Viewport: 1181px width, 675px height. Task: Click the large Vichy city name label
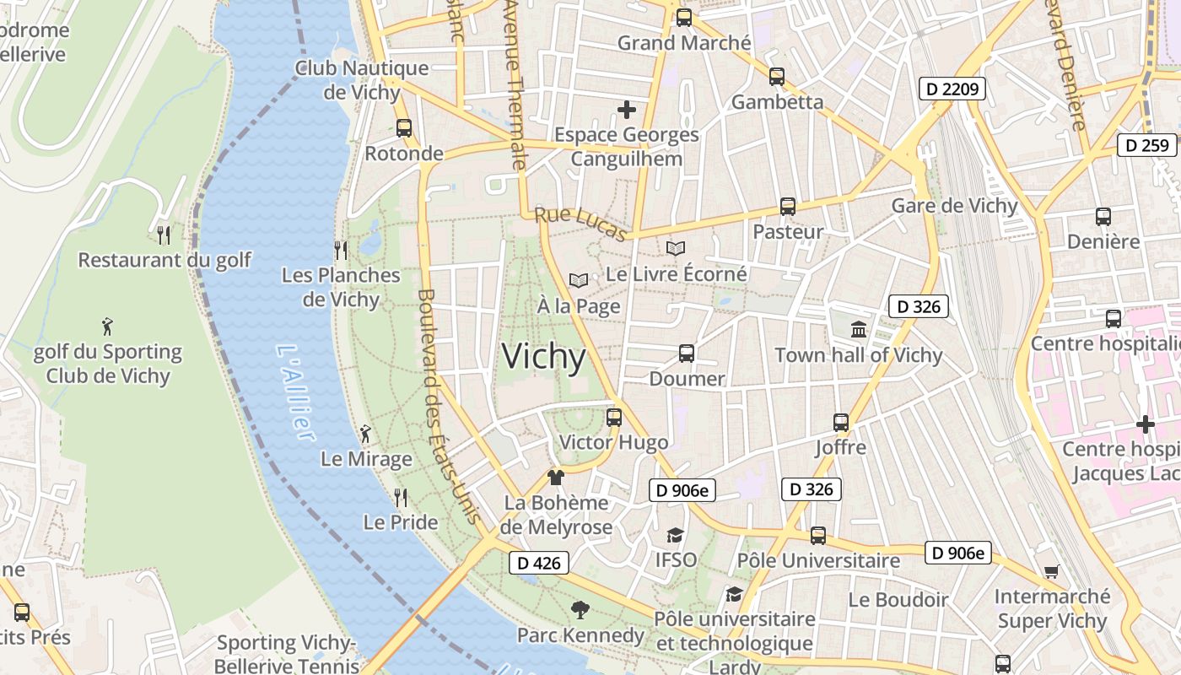(543, 357)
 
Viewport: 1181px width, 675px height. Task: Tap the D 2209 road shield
(952, 89)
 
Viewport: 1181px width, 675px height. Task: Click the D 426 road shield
(539, 563)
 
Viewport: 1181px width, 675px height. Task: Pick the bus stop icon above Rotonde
(404, 128)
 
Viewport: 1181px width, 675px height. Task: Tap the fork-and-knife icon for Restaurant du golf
(164, 235)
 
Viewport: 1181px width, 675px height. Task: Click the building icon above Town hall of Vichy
(859, 329)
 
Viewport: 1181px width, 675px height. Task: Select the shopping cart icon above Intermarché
(1051, 571)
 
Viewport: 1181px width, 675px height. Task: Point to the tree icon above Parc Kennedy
(580, 609)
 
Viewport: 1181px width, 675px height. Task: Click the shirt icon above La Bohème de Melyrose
(555, 478)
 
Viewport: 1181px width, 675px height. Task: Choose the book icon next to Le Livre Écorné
(675, 248)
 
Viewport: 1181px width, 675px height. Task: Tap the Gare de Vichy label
(954, 206)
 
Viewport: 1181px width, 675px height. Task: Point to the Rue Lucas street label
(581, 224)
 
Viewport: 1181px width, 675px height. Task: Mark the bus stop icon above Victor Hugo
(614, 417)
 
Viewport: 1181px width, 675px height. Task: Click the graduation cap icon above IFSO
(675, 535)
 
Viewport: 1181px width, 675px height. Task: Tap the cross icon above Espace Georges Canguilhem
(626, 110)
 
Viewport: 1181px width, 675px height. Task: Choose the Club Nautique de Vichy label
(361, 80)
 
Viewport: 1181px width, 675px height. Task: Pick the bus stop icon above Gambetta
(776, 77)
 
